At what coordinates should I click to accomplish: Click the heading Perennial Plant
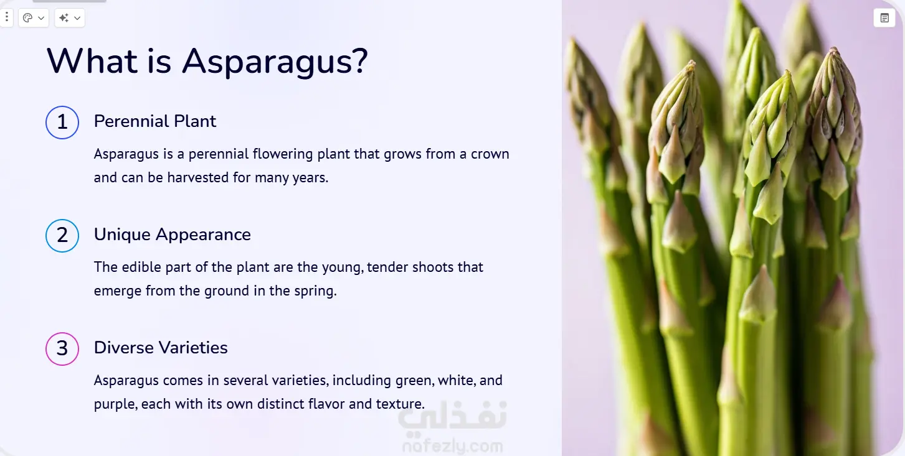click(x=155, y=121)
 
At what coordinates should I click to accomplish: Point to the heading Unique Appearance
click(x=173, y=235)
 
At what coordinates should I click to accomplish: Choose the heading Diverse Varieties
click(x=161, y=348)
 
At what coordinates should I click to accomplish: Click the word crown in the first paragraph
click(x=490, y=154)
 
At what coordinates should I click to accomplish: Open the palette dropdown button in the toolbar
click(x=34, y=18)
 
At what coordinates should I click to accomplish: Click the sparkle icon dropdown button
click(x=70, y=18)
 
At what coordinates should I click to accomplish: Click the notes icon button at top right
click(x=884, y=18)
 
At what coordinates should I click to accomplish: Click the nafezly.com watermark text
click(x=452, y=446)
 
